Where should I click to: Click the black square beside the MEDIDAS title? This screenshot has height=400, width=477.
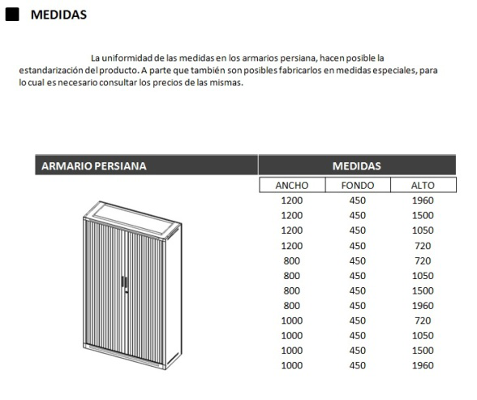point(11,15)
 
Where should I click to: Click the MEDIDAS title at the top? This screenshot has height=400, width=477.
point(58,15)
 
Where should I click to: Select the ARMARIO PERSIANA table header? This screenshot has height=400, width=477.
point(93,166)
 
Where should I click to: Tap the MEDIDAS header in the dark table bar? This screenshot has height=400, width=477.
point(356,166)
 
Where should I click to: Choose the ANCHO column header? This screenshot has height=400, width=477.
point(291,186)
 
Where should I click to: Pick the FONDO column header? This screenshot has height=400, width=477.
point(357,186)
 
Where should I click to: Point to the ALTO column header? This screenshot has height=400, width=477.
point(423,186)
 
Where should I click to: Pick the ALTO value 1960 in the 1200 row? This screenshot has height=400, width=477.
point(423,200)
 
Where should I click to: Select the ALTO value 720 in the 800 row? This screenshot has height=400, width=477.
point(423,261)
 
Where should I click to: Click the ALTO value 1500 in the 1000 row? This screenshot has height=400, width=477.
point(423,351)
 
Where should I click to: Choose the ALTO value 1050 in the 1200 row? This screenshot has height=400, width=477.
point(423,230)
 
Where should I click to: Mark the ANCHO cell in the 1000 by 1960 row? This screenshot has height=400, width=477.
point(291,365)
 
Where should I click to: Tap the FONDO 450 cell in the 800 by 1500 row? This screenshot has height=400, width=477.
point(357,290)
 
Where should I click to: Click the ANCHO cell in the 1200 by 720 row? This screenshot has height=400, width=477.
point(291,246)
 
